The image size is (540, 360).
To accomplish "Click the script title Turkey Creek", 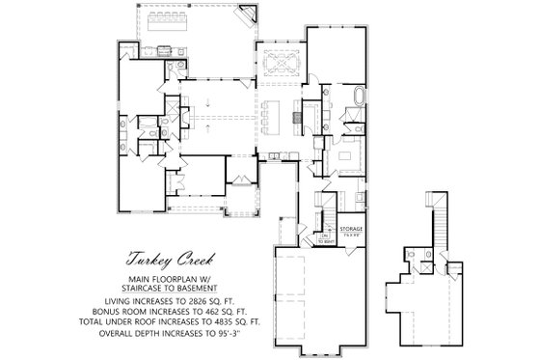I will click(170, 260).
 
